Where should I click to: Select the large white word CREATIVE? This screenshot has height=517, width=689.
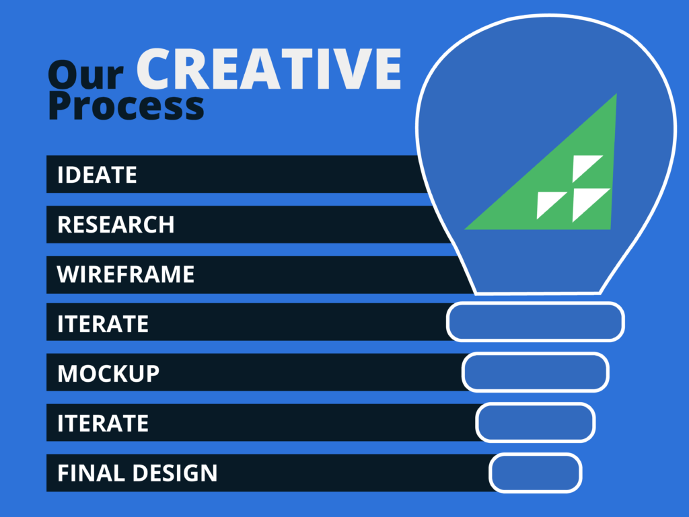click(x=269, y=69)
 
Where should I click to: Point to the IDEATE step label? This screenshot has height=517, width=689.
click(x=97, y=175)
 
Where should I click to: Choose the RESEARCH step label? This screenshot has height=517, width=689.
click(x=116, y=225)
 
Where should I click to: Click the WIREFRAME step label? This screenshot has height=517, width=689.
click(x=126, y=274)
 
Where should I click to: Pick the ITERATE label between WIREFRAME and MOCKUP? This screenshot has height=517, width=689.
click(x=103, y=324)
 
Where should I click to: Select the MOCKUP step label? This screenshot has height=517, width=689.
click(x=108, y=374)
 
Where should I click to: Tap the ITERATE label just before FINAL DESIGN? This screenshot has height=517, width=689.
click(x=103, y=423)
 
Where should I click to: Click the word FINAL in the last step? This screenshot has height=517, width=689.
click(x=92, y=473)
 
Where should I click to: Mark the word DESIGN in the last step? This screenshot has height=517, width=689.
click(x=175, y=473)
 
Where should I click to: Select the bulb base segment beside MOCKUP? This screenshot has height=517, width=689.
click(x=535, y=372)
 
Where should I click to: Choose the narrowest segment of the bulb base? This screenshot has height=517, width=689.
click(x=535, y=473)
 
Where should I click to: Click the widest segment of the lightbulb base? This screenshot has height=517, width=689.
click(x=535, y=322)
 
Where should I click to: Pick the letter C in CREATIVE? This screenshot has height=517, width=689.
click(x=157, y=69)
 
